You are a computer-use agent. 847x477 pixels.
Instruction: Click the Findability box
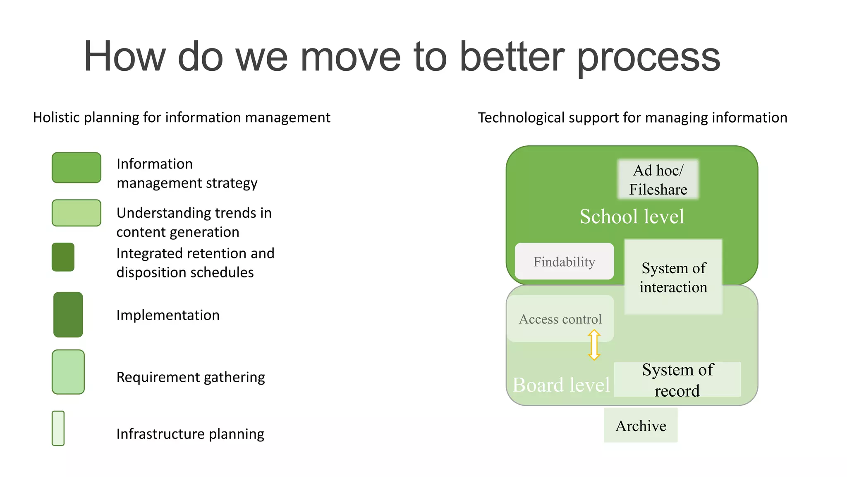564,261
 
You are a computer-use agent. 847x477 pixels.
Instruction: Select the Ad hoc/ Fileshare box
658,179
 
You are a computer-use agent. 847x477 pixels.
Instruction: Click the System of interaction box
673,277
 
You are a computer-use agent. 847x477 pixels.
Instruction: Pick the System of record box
677,380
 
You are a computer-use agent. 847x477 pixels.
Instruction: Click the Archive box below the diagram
641,425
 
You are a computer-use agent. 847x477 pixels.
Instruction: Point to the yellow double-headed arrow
594,344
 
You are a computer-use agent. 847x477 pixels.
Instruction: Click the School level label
632,217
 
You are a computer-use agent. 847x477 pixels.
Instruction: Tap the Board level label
561,385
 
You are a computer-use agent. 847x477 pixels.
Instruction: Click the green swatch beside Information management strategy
77,168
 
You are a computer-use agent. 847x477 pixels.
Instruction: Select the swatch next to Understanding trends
77,213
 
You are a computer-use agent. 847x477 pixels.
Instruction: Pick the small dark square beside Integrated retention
63,257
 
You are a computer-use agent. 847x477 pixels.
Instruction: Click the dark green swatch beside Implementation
68,315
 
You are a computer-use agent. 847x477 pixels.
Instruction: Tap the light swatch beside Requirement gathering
68,372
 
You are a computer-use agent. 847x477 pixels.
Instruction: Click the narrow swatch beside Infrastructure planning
58,428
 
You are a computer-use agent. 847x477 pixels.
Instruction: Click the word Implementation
168,315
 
